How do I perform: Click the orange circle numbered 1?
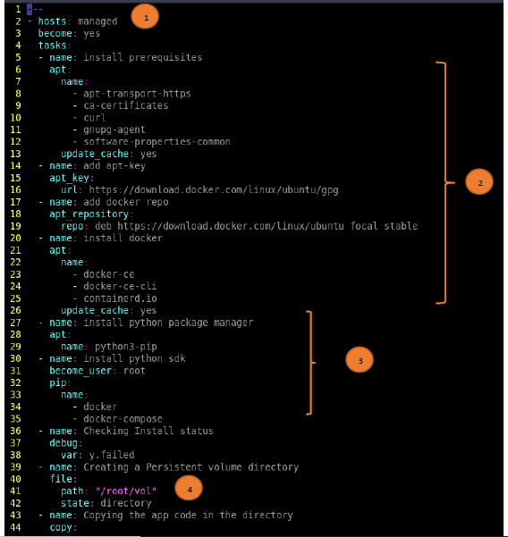coord(145,17)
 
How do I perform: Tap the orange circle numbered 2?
coord(479,182)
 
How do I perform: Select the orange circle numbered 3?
coord(360,359)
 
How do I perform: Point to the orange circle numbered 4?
coord(189,488)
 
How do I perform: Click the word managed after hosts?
coord(97,21)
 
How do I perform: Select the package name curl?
coord(95,118)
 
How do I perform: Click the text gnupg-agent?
coord(114,130)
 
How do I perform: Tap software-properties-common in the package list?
coord(157,142)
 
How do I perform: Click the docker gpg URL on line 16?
coord(214,189)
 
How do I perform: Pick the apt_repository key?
coord(89,214)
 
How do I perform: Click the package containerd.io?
coord(121,298)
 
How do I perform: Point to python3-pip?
coord(126,347)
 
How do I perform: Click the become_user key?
coord(80,371)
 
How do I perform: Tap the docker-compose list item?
coord(123,419)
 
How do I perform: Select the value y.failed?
coord(112,455)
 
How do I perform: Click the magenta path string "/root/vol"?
coord(126,491)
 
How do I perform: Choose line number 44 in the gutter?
coord(15,527)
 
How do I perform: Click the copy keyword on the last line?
coord(61,527)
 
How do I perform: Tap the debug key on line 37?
coord(63,443)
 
